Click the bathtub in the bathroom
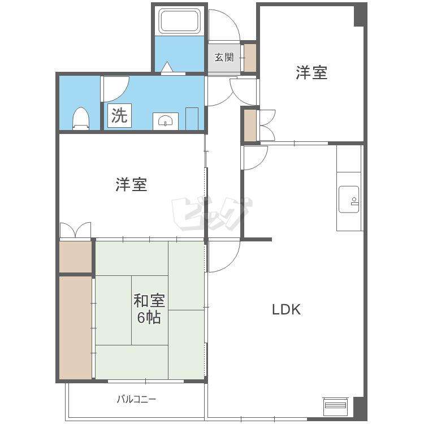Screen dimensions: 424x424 click(x=179, y=21)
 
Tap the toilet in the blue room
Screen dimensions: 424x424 click(x=81, y=119)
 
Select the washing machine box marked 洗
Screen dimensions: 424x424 click(x=119, y=115)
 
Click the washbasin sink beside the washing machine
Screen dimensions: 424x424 click(x=166, y=121)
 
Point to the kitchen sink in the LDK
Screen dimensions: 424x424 click(x=349, y=200)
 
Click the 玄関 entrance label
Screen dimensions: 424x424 click(x=224, y=57)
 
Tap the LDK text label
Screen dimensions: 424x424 click(x=286, y=309)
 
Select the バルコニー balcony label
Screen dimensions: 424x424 click(x=137, y=399)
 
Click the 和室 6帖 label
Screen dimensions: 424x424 click(x=149, y=309)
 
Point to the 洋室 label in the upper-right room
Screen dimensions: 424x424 click(x=311, y=72)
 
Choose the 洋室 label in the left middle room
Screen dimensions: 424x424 click(x=131, y=184)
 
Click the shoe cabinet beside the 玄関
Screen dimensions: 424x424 click(x=250, y=58)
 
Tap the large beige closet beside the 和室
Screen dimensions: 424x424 click(x=75, y=328)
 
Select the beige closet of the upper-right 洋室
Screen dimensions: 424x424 click(x=250, y=125)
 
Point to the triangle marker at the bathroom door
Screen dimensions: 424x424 click(x=167, y=67)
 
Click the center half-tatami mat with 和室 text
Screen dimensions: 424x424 click(x=150, y=310)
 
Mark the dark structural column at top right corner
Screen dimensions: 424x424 click(x=361, y=16)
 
